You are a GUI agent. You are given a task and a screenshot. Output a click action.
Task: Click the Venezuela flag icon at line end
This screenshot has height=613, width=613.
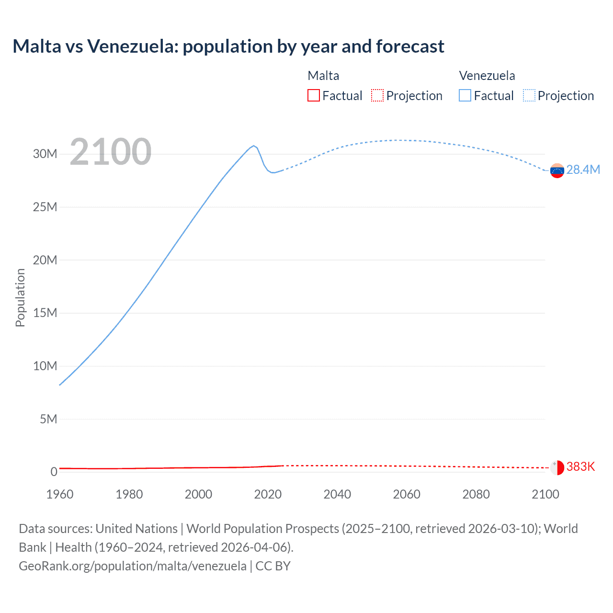(557, 170)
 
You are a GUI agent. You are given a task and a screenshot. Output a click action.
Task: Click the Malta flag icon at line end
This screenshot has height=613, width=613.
(557, 467)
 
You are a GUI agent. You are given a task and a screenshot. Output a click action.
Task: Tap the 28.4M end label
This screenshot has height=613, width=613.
(583, 170)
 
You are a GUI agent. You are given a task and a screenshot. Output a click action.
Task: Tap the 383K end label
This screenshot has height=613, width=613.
(580, 467)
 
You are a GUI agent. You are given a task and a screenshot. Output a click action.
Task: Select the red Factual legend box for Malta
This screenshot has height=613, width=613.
(313, 96)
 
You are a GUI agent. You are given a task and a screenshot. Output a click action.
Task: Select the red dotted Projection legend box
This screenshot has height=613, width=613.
(377, 96)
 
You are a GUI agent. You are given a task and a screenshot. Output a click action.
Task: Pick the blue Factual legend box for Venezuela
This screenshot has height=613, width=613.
(465, 96)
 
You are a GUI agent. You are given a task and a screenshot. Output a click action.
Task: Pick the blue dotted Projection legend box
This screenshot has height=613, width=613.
(529, 96)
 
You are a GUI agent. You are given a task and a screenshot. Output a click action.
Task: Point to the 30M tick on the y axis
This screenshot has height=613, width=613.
(45, 154)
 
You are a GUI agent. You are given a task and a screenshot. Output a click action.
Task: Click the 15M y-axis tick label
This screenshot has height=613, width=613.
(45, 313)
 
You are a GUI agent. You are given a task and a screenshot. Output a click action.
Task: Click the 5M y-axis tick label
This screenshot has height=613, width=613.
(48, 420)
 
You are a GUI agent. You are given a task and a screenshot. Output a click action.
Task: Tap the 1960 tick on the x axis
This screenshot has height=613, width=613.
(60, 494)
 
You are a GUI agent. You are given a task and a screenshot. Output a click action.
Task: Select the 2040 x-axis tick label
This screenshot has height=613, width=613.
(337, 494)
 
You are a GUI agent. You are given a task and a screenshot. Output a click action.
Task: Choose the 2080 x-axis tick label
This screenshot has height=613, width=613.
(476, 494)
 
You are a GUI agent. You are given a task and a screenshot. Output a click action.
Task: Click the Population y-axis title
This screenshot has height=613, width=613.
(20, 297)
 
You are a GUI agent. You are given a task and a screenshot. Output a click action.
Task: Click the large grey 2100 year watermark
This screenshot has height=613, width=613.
(111, 152)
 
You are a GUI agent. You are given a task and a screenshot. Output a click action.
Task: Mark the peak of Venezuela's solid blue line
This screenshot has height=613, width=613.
(254, 146)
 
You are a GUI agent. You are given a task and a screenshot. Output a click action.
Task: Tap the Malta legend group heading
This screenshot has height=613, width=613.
(323, 76)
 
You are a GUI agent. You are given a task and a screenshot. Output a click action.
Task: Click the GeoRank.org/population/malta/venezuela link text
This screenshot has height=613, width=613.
(133, 566)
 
